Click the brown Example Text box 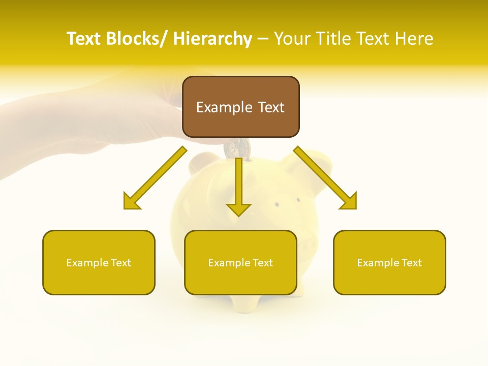(x=240, y=107)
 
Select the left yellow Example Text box (x=99, y=262)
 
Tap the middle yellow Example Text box (x=240, y=262)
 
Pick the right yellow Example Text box (x=389, y=262)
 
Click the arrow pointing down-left (x=155, y=178)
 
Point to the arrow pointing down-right (x=325, y=178)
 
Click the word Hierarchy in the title (x=212, y=39)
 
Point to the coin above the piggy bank (x=238, y=148)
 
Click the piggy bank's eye (x=277, y=204)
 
